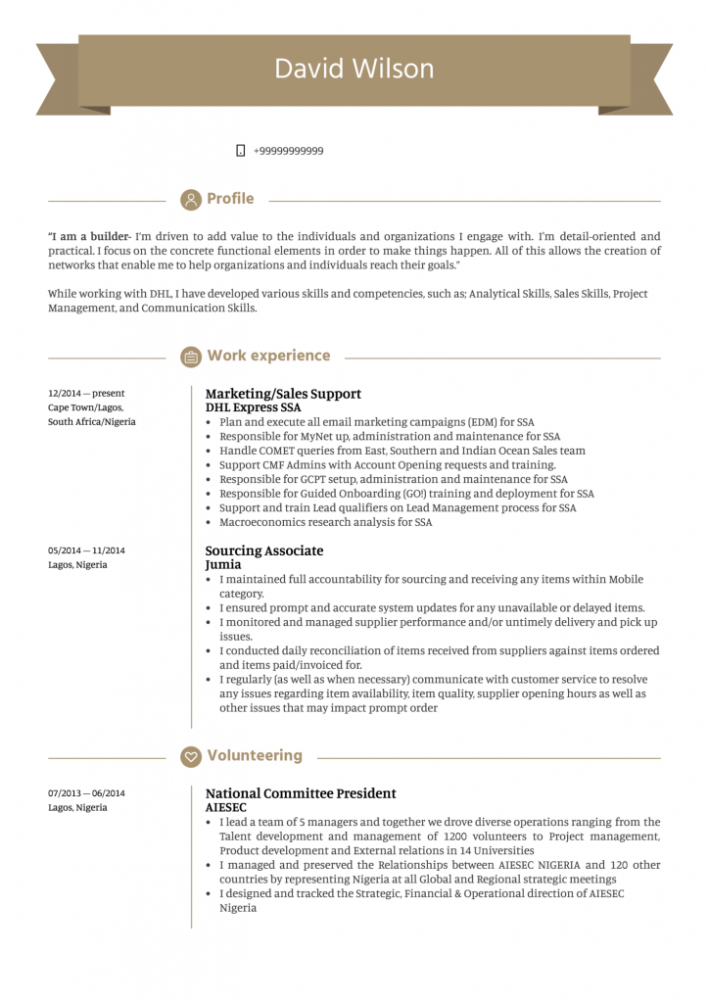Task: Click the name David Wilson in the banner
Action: (354, 69)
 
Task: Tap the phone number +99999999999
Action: (288, 151)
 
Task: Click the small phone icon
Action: (240, 151)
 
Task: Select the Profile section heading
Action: (230, 199)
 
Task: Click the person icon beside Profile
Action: (191, 200)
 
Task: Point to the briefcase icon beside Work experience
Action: (191, 357)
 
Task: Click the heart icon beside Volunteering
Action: (191, 756)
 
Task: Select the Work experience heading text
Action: (268, 356)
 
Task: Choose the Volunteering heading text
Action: (255, 756)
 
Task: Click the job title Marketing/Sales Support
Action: (283, 394)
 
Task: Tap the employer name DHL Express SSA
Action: (253, 407)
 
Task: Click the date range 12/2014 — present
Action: (86, 394)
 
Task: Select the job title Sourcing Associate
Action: (263, 550)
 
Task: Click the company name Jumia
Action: (222, 565)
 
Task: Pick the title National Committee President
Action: (301, 793)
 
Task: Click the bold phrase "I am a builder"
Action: (88, 236)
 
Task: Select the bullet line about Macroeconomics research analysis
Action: (325, 522)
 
